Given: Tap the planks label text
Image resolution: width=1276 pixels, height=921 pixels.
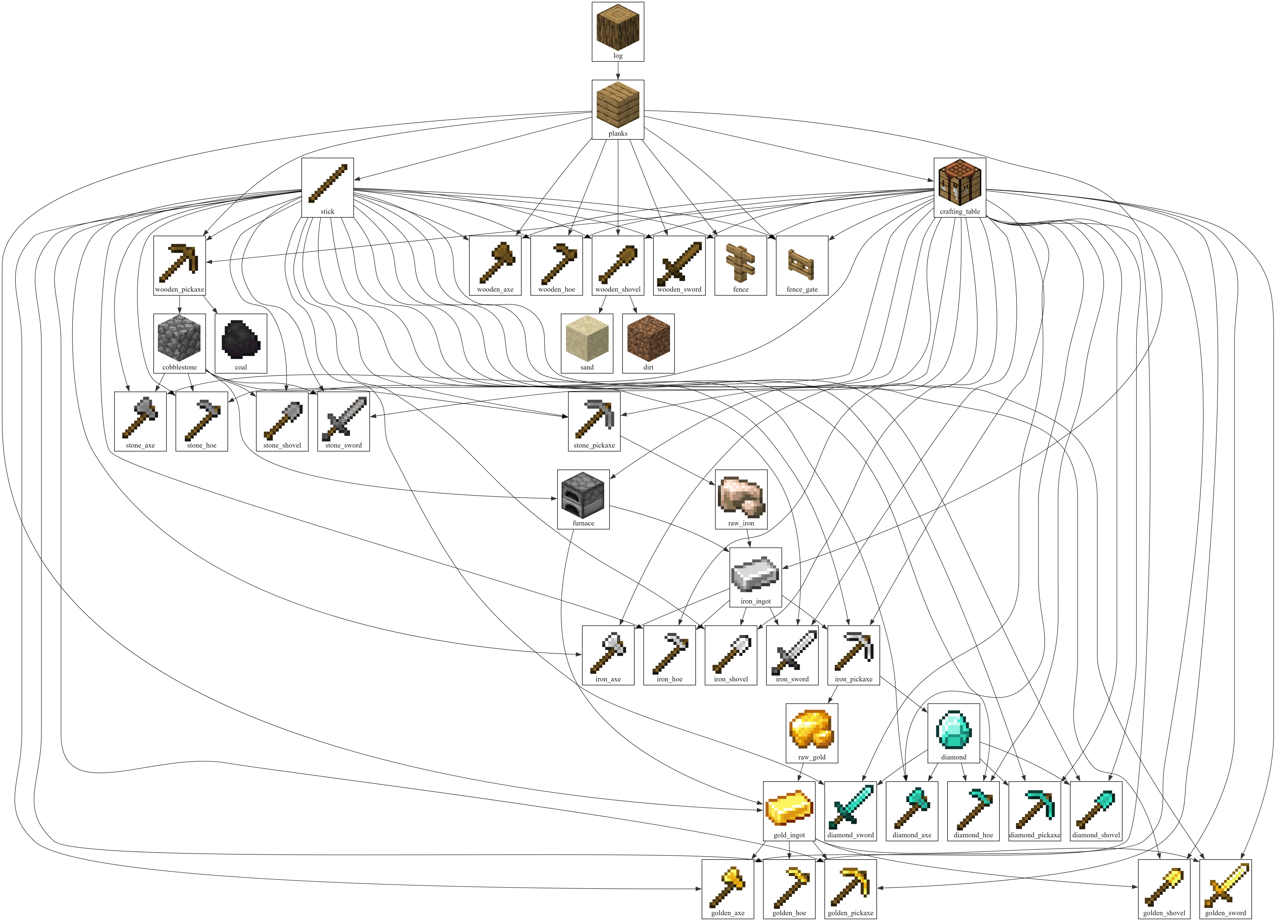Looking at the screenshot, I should pos(618,134).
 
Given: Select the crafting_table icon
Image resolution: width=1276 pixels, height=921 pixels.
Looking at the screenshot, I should pos(960,183).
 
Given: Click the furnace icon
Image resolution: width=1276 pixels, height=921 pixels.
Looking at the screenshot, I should pos(583,495).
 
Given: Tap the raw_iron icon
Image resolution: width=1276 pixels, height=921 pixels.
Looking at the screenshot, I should pos(741,495).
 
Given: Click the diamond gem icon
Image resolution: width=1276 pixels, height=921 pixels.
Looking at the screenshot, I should pos(954,729).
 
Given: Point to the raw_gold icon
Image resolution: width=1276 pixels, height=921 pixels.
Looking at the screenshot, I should pos(812,729).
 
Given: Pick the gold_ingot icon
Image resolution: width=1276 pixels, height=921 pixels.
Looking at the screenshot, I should pos(789,807).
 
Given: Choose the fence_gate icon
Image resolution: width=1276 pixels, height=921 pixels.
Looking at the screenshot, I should pos(802,262).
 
